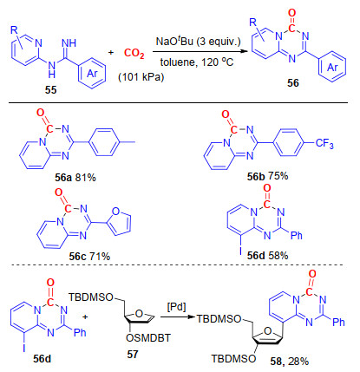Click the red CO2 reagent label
[x=134, y=54]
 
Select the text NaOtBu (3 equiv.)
[x=198, y=42]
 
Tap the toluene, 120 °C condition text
[x=197, y=62]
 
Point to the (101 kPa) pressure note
[x=141, y=77]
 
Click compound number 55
[x=50, y=90]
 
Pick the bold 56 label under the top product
[x=292, y=83]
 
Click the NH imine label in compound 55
[x=69, y=43]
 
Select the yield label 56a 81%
[x=75, y=178]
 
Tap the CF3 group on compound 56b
[x=324, y=143]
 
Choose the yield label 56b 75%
[x=267, y=176]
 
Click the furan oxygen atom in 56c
[x=115, y=212]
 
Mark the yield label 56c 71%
[x=89, y=256]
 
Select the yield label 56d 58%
[x=267, y=256]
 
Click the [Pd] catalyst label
[x=176, y=307]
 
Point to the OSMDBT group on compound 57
[x=148, y=337]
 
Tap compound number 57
[x=133, y=354]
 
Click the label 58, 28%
[x=290, y=361]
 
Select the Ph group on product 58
[x=338, y=322]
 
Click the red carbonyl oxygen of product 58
[x=312, y=274]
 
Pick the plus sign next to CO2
[x=111, y=53]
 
